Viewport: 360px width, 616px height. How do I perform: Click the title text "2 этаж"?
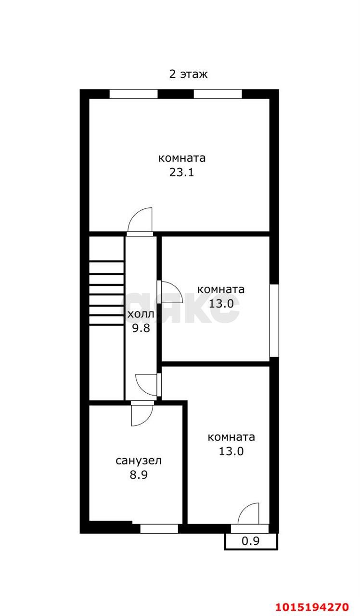coord(188,74)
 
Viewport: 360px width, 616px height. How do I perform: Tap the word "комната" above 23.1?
coord(182,158)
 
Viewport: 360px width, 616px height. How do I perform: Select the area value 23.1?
coord(181,172)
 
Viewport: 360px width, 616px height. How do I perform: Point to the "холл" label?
coord(141,314)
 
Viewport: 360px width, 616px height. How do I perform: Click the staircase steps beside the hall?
coord(106,294)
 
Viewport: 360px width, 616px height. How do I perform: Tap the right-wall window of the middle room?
coord(274,321)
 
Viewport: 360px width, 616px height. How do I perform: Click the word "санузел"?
coord(139,461)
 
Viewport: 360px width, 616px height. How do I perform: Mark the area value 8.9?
coord(139,475)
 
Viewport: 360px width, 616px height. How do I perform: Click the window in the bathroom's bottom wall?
coord(159,528)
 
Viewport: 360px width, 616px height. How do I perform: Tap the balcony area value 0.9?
coord(250,541)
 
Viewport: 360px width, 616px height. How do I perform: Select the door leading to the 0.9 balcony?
coord(249,515)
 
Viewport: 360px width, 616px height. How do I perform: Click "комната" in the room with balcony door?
coord(231,437)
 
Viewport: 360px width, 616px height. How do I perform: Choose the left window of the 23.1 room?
coord(133,94)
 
